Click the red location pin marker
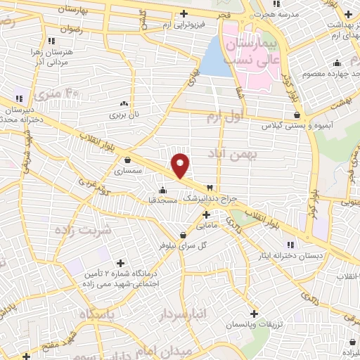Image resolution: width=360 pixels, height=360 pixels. (x=181, y=165)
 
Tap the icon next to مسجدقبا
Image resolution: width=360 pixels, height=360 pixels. (x=163, y=189)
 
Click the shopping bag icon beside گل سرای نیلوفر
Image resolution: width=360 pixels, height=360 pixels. (x=183, y=236)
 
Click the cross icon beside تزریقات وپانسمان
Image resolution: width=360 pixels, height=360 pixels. (x=255, y=314)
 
